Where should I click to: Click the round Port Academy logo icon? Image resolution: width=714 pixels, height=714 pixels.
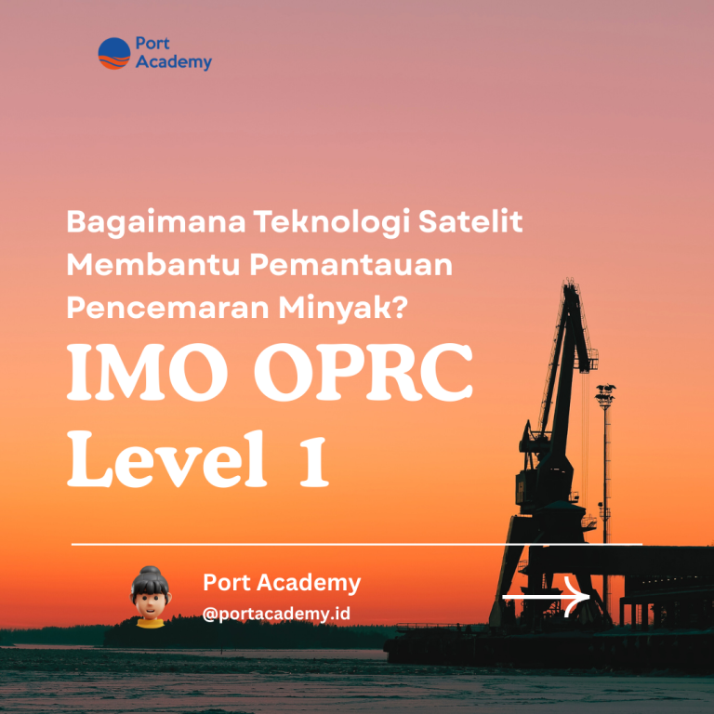point(114,54)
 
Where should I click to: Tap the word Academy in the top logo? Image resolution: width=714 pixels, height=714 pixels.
point(173,63)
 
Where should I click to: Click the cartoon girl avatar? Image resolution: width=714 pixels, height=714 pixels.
point(147,596)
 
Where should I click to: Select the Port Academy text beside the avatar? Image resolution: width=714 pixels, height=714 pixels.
point(282,583)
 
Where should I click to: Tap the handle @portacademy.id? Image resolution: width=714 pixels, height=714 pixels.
point(276,615)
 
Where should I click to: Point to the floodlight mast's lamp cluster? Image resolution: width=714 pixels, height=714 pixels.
point(605,393)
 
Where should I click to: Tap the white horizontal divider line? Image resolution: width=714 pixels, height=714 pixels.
point(356,544)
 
